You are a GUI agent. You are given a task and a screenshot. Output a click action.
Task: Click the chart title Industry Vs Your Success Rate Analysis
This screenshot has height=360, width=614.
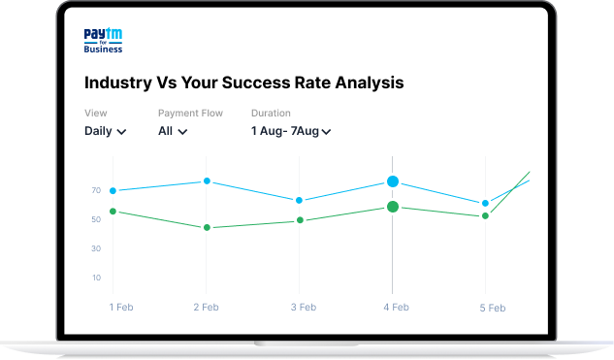pos(243,82)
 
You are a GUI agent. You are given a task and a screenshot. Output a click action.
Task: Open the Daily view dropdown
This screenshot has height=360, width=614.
pos(106,131)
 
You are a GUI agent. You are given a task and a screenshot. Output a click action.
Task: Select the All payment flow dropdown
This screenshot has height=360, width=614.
pos(173,131)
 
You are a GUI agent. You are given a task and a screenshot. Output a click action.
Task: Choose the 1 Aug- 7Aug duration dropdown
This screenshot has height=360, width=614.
pos(291,131)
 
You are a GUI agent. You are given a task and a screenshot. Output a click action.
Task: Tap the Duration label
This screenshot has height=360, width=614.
pos(271,114)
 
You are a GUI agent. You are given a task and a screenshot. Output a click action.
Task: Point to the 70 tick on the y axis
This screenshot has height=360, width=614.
pos(96,190)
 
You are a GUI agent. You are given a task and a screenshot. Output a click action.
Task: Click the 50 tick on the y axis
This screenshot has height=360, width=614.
pos(96,219)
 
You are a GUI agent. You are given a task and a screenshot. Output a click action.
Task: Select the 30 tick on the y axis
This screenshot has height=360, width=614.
pos(96,248)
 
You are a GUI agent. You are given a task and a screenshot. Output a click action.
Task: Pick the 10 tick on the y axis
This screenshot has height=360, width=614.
pos(96,278)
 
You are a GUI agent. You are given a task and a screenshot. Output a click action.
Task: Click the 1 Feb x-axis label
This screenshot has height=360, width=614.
pos(121,308)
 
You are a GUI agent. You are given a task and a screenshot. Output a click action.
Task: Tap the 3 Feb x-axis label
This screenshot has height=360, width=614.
pos(304,308)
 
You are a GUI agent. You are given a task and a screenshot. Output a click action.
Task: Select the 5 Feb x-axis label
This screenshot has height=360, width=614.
pos(493,308)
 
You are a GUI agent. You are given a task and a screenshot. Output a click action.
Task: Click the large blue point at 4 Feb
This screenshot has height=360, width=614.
pos(393,181)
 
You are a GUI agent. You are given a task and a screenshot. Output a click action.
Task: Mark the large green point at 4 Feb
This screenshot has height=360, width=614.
pos(393,207)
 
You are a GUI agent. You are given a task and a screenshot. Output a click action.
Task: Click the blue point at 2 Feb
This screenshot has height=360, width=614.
pos(207,181)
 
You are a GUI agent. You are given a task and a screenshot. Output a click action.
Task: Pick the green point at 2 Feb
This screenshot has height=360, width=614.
pos(207,228)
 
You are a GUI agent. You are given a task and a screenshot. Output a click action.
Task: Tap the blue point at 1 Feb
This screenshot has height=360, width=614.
pos(113,191)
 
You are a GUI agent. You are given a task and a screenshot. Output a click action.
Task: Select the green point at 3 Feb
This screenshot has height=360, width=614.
pos(300,220)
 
